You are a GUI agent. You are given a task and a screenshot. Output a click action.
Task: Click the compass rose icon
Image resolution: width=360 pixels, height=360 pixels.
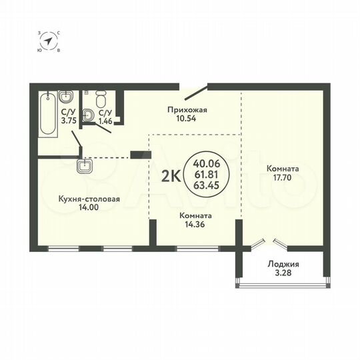click(49, 41)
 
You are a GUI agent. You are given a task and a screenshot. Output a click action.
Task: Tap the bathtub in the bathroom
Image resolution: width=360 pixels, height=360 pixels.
click(46, 115)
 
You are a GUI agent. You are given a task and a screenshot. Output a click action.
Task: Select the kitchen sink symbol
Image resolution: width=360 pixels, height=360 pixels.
click(85, 166)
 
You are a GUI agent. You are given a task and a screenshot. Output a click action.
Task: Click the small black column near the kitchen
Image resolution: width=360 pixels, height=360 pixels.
click(137, 156)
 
